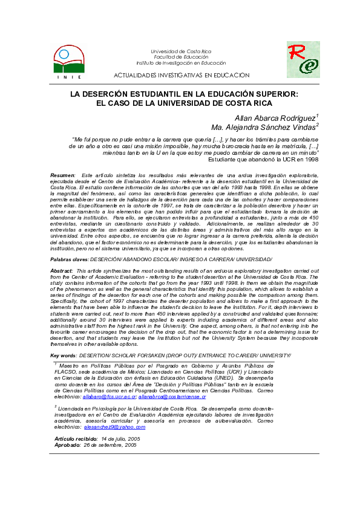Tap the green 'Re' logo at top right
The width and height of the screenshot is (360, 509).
tap(303, 59)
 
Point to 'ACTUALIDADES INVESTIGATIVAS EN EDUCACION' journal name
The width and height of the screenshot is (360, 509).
tap(182, 75)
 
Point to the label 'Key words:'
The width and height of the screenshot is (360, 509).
tap(63, 355)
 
